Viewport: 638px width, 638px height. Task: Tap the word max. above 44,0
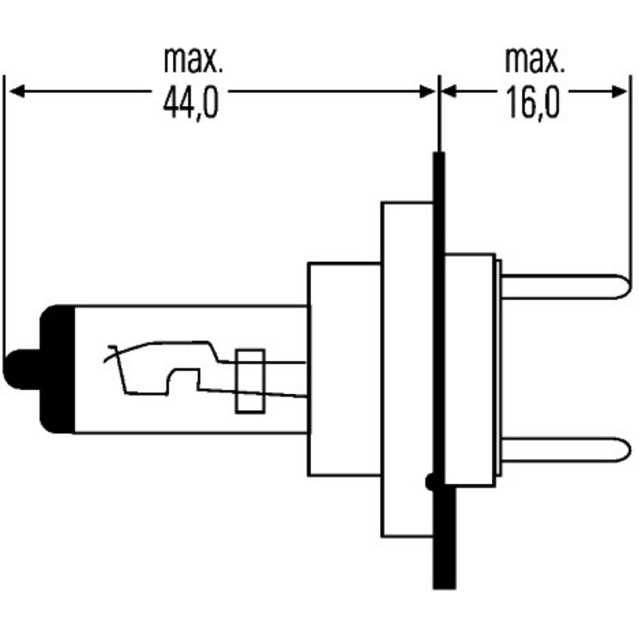tap(191, 60)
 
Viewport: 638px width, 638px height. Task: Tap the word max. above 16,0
tap(533, 60)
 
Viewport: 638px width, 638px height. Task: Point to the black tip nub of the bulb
tap(18, 369)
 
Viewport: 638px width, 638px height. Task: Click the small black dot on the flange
tap(431, 481)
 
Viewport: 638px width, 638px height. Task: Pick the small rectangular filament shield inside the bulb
tap(250, 380)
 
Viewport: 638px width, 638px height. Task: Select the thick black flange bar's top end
tap(438, 159)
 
